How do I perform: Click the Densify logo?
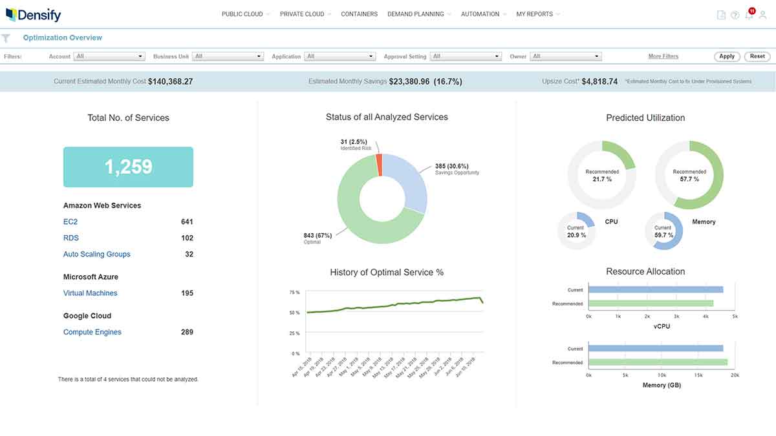pyautogui.click(x=33, y=14)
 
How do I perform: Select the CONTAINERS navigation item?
pyautogui.click(x=359, y=14)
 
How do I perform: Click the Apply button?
pyautogui.click(x=727, y=56)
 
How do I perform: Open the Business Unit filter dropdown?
pyautogui.click(x=228, y=56)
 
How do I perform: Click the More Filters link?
pyautogui.click(x=663, y=56)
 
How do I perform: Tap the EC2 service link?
pyautogui.click(x=70, y=222)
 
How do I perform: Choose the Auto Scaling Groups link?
pyautogui.click(x=96, y=254)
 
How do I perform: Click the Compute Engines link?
pyautogui.click(x=92, y=332)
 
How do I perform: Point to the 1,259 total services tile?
pyautogui.click(x=128, y=167)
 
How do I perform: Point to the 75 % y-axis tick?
pyautogui.click(x=294, y=293)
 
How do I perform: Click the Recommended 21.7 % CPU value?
pyautogui.click(x=601, y=178)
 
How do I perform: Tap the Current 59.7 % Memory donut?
pyautogui.click(x=663, y=231)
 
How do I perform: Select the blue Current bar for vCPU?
pyautogui.click(x=656, y=289)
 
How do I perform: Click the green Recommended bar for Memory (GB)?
pyautogui.click(x=658, y=362)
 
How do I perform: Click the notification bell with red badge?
pyautogui.click(x=749, y=15)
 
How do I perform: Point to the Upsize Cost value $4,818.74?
pyautogui.click(x=599, y=81)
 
